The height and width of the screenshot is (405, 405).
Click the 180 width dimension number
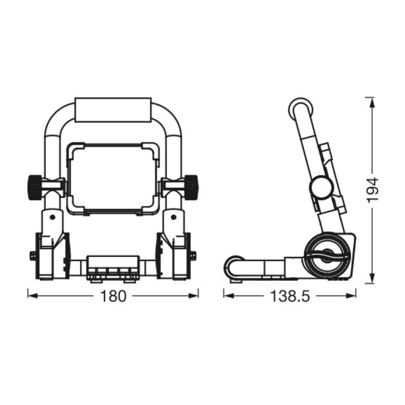click(x=113, y=296)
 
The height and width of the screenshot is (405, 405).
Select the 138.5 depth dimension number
click(x=289, y=296)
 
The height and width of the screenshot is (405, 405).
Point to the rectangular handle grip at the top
click(x=113, y=110)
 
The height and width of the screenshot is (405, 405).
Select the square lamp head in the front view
click(x=113, y=180)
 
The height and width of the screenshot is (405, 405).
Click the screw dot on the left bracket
click(x=52, y=217)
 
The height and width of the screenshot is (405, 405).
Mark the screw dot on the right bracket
click(x=174, y=217)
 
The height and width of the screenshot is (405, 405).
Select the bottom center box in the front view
click(x=113, y=268)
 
